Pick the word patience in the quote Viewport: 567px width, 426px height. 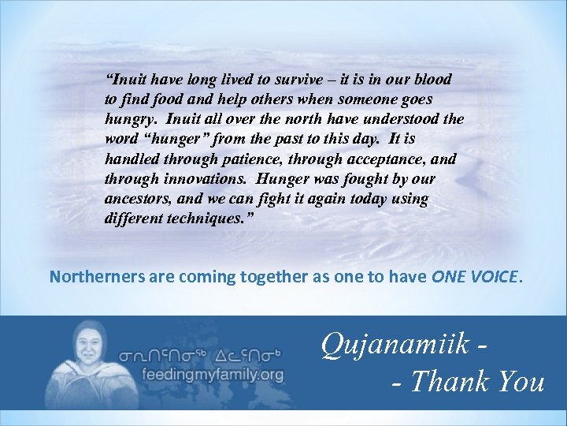pyautogui.click(x=236, y=159)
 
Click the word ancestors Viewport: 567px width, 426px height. pyautogui.click(x=135, y=199)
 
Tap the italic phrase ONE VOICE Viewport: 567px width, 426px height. pyautogui.click(x=475, y=277)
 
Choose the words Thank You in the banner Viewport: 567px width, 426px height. pyautogui.click(x=479, y=382)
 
